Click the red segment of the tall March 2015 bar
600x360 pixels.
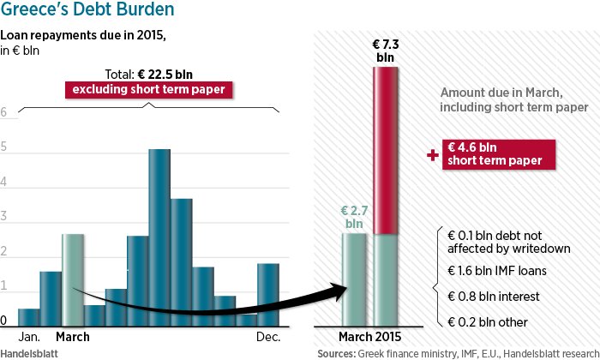tap(387, 151)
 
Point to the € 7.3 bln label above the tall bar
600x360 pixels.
tap(387, 49)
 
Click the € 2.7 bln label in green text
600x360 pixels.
tap(354, 216)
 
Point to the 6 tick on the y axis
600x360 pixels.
tap(4, 113)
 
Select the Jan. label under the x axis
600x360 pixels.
tap(29, 337)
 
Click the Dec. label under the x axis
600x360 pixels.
tap(268, 337)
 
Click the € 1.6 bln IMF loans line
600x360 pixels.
tap(497, 271)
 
